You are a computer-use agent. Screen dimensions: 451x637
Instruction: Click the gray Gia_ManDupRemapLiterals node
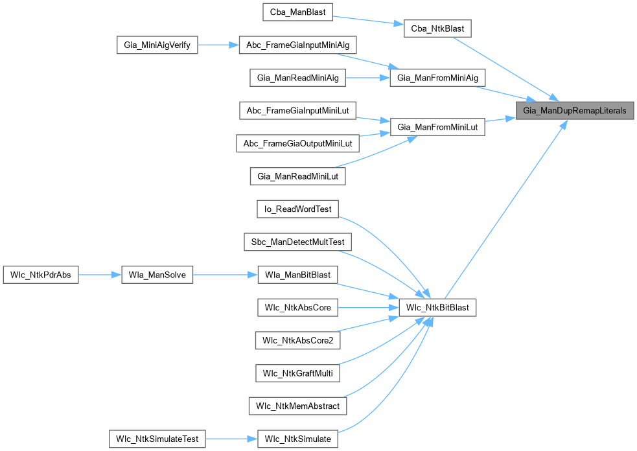(x=575, y=111)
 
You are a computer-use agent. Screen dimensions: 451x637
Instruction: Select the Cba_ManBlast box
(x=297, y=12)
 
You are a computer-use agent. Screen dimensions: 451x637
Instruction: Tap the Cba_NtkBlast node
(x=437, y=29)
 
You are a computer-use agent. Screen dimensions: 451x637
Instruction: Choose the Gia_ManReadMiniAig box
(x=297, y=78)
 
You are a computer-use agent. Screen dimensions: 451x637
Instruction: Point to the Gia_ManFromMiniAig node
(x=437, y=78)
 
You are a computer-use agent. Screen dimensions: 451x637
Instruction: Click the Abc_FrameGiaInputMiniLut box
(x=297, y=111)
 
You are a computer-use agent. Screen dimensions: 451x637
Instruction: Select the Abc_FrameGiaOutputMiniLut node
(x=297, y=143)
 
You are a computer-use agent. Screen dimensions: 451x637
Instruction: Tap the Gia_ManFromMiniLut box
(x=437, y=127)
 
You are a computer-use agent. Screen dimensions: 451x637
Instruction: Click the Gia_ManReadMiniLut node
(x=297, y=176)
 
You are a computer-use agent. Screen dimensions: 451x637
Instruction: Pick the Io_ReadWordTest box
(x=297, y=209)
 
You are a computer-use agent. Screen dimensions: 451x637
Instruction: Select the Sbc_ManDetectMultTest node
(x=297, y=242)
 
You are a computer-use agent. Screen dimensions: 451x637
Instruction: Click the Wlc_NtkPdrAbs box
(x=41, y=275)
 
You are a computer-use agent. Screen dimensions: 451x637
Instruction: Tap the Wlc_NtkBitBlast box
(x=437, y=307)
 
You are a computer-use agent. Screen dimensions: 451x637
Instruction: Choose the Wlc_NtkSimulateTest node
(x=157, y=439)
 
